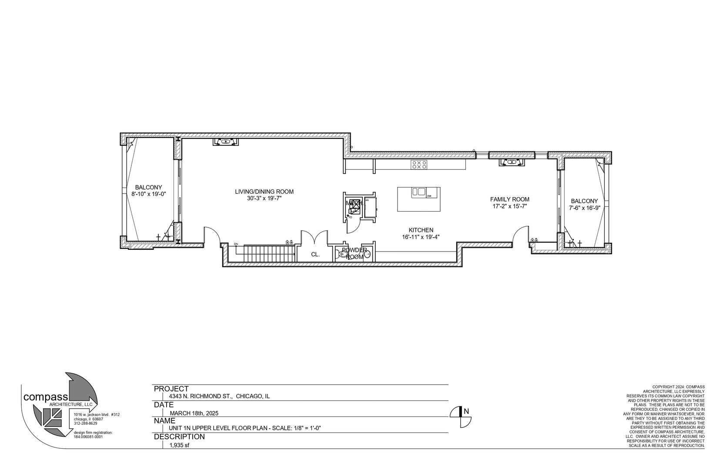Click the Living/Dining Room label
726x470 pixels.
[264, 191]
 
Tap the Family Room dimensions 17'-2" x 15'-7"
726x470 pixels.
[509, 207]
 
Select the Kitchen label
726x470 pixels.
[421, 230]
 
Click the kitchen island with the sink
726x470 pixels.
[418, 199]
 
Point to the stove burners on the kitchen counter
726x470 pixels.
[419, 164]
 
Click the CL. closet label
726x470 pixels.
[315, 255]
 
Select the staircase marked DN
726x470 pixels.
[266, 254]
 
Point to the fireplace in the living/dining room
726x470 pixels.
[225, 141]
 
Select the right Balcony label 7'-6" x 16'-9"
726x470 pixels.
[584, 204]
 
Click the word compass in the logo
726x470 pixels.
[45, 397]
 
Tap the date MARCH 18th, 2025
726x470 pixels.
[194, 413]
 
